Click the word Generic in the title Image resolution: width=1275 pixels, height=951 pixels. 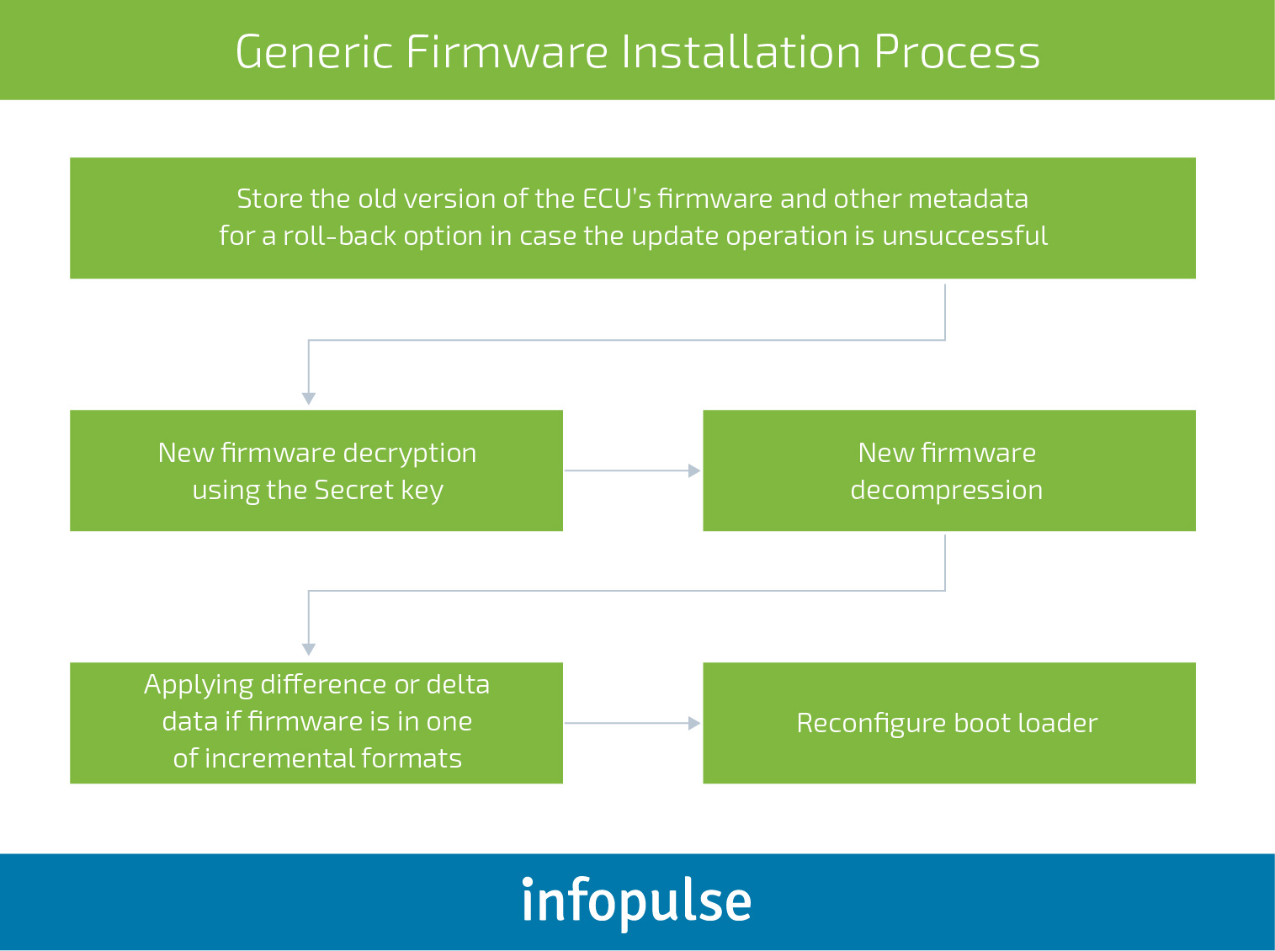(314, 52)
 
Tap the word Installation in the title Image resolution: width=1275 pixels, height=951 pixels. (741, 52)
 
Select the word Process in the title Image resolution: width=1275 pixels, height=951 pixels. (957, 52)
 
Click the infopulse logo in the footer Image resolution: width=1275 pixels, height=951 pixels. (636, 901)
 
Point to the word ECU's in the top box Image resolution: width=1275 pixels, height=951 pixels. (616, 199)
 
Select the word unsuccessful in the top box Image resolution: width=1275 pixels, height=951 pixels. (964, 236)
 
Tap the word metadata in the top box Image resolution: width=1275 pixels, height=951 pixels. (969, 199)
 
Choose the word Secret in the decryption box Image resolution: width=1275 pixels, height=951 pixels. (353, 490)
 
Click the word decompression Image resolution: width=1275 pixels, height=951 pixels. (947, 491)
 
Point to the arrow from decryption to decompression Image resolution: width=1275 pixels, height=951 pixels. (633, 470)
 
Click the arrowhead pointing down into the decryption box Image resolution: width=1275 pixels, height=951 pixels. (308, 398)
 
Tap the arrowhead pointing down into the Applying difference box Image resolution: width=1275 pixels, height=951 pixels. (308, 649)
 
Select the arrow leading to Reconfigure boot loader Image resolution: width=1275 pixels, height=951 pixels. (633, 723)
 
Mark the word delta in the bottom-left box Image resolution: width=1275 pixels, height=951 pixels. (459, 684)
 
